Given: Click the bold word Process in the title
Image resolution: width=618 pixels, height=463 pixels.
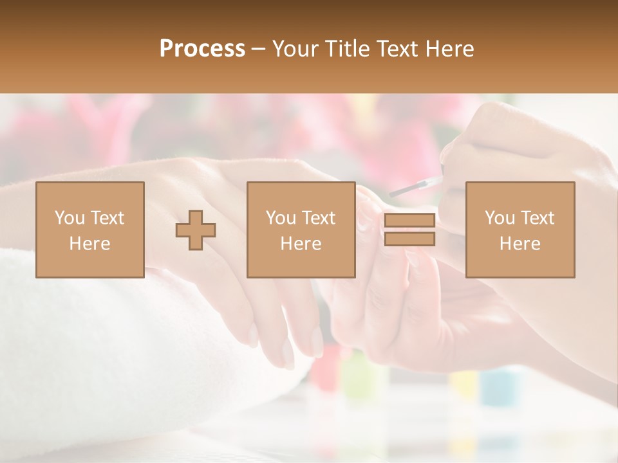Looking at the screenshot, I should pos(202,49).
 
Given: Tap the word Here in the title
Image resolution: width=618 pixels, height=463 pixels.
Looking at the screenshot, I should pos(450,49).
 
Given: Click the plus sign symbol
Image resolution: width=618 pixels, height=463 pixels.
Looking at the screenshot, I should pos(196,230).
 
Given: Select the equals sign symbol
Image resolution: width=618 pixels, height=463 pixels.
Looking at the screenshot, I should pos(409,230).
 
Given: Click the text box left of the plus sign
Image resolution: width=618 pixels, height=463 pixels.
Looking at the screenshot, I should pos(90,230).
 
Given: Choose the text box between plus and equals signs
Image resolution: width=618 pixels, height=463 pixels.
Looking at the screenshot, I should pos(301,230).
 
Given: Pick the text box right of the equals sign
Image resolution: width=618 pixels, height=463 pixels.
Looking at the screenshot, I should pos(520,230).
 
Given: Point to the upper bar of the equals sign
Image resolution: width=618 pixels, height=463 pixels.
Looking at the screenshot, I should pos(409,221).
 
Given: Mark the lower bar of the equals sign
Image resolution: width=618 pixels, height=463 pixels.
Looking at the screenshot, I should pos(409,239).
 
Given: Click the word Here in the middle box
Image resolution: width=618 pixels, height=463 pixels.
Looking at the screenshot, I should pos(301,244).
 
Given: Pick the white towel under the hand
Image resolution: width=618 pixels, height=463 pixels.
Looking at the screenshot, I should pos(97,347).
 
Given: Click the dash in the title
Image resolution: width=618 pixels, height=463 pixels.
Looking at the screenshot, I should pos(258,49).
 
